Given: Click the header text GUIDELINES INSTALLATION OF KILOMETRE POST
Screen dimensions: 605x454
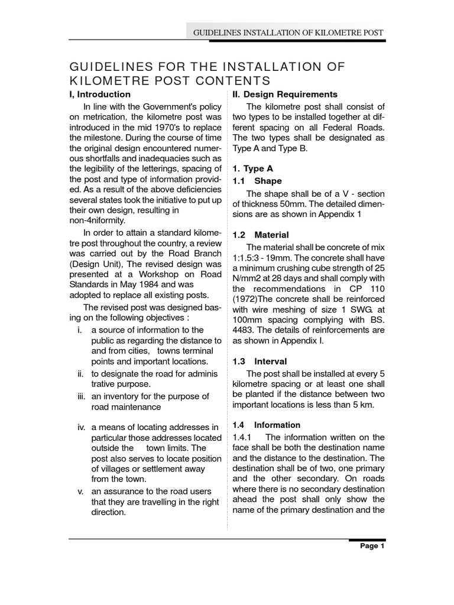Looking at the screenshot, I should coord(288,31).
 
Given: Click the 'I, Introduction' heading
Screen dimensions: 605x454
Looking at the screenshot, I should coord(100,95).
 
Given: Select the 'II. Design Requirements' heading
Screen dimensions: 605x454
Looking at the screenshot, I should coord(283,95).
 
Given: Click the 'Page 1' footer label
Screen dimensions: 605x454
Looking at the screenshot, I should coord(372,547).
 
